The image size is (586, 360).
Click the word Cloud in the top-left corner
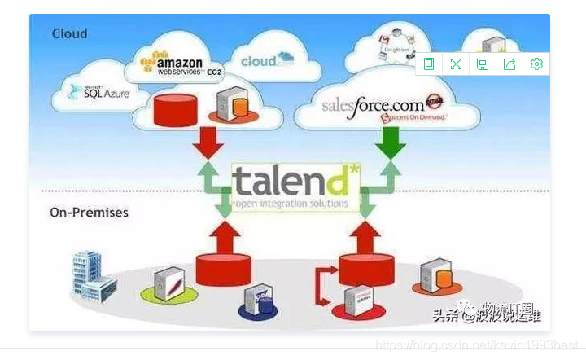point(69,33)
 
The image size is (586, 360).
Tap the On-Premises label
point(89,213)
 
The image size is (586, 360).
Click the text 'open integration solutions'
point(292,203)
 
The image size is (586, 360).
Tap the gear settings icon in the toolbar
point(536,64)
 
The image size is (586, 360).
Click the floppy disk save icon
point(483,64)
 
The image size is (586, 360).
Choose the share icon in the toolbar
point(509,64)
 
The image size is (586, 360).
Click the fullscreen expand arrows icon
point(456,64)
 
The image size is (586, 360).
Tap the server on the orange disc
point(436,276)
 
